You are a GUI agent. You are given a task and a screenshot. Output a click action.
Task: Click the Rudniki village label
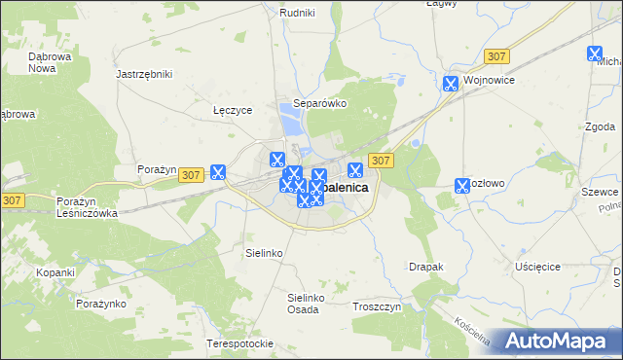pos(296,13)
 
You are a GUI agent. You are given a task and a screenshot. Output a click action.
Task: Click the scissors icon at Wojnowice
pos(451,84)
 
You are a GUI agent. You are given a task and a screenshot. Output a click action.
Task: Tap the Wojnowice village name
pos(489,81)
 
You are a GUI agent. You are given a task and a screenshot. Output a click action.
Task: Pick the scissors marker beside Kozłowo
pos(462,185)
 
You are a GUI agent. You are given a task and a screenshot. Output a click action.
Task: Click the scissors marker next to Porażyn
pos(218,172)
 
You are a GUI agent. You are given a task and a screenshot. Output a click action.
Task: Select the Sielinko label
pos(263,252)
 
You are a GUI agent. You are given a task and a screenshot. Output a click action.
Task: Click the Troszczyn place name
pos(379,306)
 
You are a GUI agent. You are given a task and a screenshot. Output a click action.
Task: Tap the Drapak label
pos(426,266)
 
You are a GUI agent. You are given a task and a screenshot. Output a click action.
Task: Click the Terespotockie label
pos(239,344)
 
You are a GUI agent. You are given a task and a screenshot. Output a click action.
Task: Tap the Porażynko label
pos(102,304)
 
